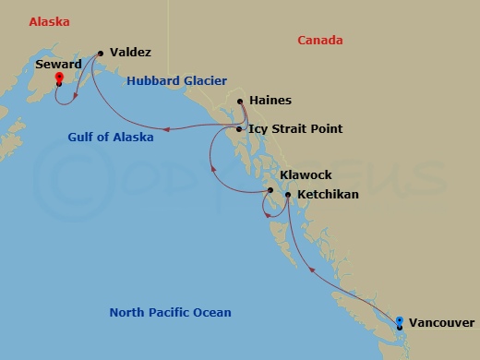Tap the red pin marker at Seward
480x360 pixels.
(59, 79)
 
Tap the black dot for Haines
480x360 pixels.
(240, 102)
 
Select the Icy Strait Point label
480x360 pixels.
(295, 129)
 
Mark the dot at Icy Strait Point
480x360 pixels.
(239, 129)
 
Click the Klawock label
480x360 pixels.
(306, 174)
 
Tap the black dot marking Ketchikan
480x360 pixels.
(288, 196)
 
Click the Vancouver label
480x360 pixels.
(441, 323)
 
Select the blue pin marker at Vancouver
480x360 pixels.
(399, 322)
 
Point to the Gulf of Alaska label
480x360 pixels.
(111, 137)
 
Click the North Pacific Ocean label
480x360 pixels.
(170, 313)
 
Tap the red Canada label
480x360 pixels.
(320, 41)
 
